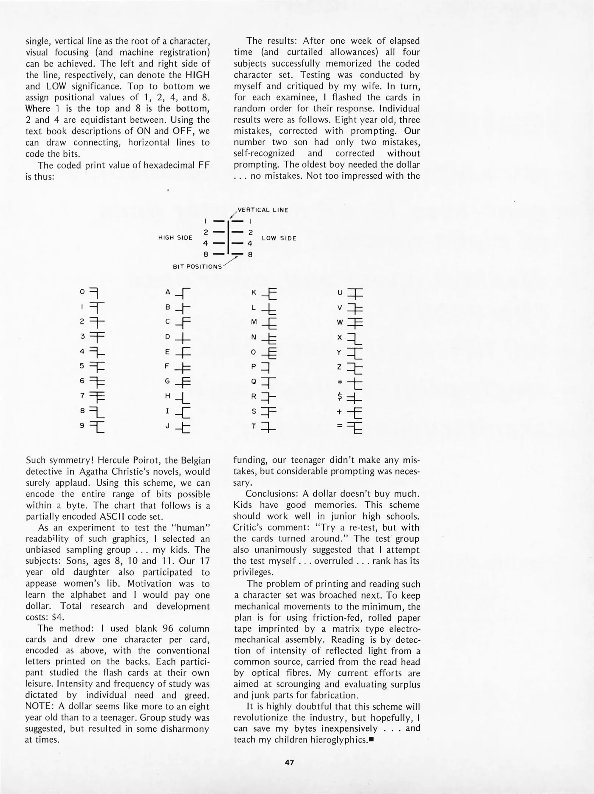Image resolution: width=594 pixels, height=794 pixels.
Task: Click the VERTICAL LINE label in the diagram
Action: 263,210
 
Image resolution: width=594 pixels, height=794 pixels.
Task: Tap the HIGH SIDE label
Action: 175,238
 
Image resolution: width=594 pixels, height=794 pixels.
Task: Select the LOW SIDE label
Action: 279,238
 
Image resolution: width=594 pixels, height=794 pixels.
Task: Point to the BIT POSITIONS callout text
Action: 197,267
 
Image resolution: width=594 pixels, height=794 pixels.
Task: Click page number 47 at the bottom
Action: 289,763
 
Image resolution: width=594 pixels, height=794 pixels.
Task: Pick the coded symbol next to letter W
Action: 355,323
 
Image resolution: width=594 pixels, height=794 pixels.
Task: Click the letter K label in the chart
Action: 253,293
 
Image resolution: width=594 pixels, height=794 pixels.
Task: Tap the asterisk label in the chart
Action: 340,382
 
